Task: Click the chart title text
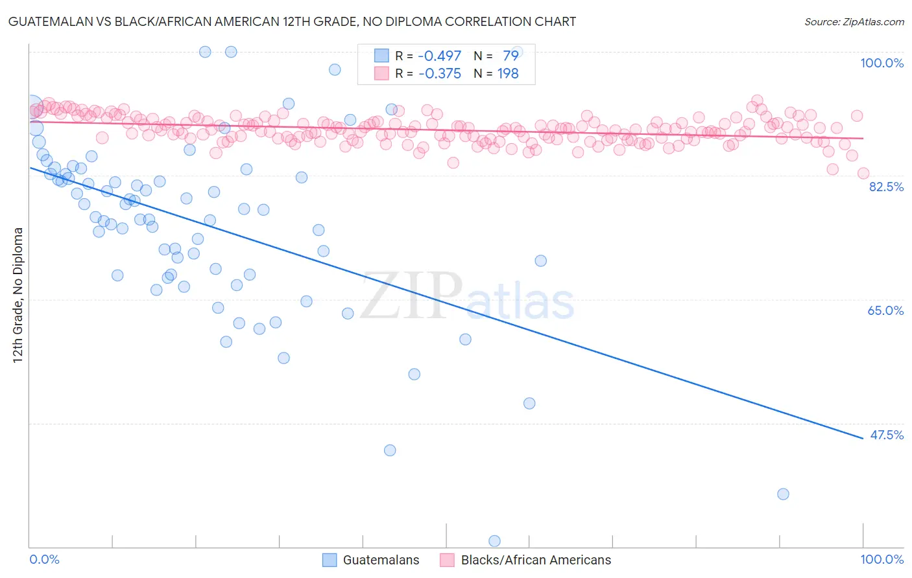pyautogui.click(x=291, y=22)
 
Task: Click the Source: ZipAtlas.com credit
pyautogui.click(x=854, y=22)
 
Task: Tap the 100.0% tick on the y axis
pyautogui.click(x=882, y=63)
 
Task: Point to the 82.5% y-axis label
pyautogui.click(x=886, y=187)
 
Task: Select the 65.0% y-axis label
pyautogui.click(x=885, y=310)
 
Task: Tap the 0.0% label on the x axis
pyautogui.click(x=44, y=559)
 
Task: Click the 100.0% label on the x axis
pyautogui.click(x=882, y=559)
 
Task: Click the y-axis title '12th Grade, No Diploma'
pyautogui.click(x=18, y=295)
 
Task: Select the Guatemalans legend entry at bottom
pyautogui.click(x=381, y=560)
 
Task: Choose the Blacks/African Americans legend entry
pyautogui.click(x=536, y=560)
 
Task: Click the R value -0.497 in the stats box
pyautogui.click(x=440, y=56)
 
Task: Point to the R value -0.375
pyautogui.click(x=440, y=74)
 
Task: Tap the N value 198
pyautogui.click(x=508, y=74)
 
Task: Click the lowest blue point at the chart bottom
pyautogui.click(x=494, y=541)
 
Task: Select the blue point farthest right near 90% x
pyautogui.click(x=783, y=494)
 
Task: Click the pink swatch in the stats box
pyautogui.click(x=381, y=74)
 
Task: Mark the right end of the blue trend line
pyautogui.click(x=863, y=439)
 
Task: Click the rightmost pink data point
pyautogui.click(x=863, y=173)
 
